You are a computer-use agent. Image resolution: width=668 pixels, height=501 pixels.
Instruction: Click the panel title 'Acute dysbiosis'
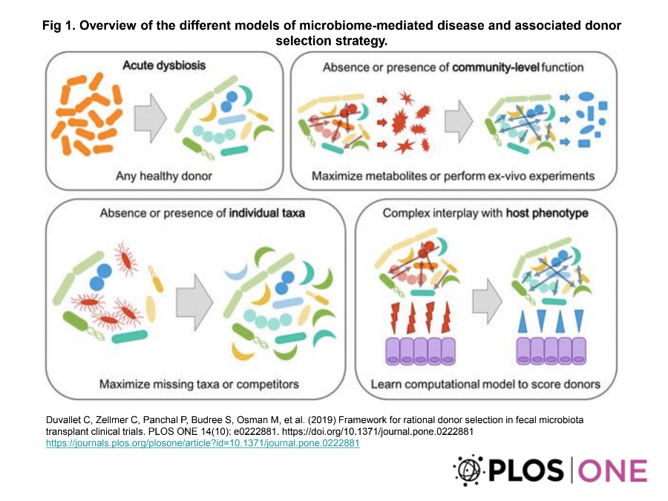(x=164, y=65)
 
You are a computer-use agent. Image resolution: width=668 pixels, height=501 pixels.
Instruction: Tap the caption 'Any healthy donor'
(x=164, y=176)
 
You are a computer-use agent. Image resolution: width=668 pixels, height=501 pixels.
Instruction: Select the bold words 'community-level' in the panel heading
(x=496, y=68)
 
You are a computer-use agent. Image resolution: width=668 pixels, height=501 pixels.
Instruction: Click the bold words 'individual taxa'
(x=267, y=213)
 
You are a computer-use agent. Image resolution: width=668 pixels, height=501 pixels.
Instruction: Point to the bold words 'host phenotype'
(x=548, y=213)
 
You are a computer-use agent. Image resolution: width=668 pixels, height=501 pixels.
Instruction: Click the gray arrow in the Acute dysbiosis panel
(x=150, y=118)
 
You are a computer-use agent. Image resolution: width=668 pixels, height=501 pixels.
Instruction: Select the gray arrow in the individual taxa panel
(x=194, y=302)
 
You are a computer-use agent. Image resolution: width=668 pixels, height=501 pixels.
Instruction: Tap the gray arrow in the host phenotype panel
(x=488, y=301)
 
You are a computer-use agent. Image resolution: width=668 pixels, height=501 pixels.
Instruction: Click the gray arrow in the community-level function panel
(x=459, y=121)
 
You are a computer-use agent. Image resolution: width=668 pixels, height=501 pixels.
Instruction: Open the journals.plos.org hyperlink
(x=203, y=443)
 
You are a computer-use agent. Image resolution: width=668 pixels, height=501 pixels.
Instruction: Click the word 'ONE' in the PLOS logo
(x=612, y=471)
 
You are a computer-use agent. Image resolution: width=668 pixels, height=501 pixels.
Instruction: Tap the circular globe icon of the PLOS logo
(x=470, y=471)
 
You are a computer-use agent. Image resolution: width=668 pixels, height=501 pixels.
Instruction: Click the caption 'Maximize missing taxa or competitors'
(x=199, y=384)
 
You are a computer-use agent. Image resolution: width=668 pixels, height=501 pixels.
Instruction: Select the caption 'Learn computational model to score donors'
(x=485, y=384)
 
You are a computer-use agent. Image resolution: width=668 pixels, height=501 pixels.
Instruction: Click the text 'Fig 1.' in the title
(x=59, y=25)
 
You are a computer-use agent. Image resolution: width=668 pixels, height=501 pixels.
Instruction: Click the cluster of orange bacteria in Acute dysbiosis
(x=87, y=114)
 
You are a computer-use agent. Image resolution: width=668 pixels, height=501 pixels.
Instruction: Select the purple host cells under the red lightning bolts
(x=421, y=351)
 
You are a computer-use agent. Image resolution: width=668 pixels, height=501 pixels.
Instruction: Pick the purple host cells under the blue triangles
(x=551, y=351)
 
